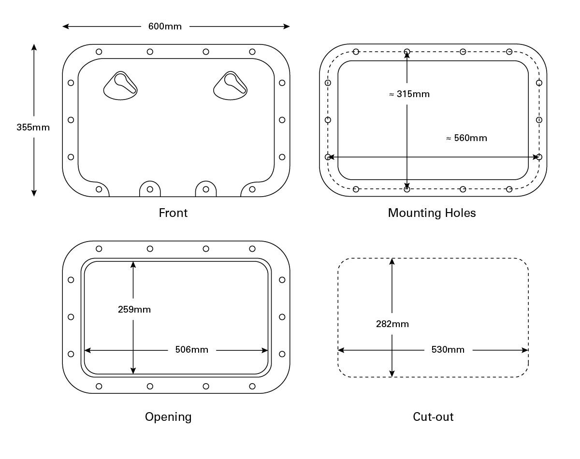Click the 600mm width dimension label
[x=165, y=26]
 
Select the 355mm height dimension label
[x=33, y=128]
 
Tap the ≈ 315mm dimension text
[x=409, y=94]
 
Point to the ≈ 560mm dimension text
[x=466, y=138]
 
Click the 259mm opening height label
[x=134, y=310]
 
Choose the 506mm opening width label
[x=191, y=350]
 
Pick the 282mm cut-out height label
[x=392, y=324]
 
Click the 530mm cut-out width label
[x=448, y=350]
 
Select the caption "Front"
[x=173, y=213]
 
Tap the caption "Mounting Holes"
[x=432, y=213]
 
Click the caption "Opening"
[x=168, y=416]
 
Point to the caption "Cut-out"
[x=433, y=416]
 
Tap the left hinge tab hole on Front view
[x=150, y=189]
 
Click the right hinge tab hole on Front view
[x=206, y=189]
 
